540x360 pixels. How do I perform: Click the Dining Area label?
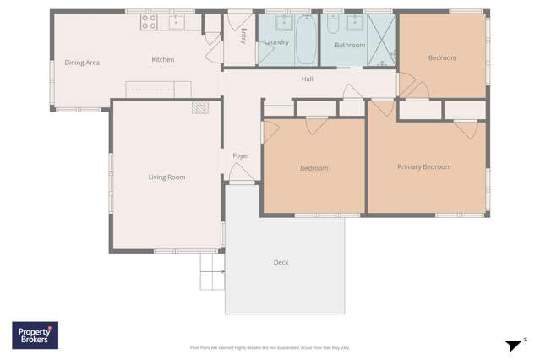[82, 63]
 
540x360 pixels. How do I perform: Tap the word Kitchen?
[162, 60]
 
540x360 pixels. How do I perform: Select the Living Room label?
[166, 177]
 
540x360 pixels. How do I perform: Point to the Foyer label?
[241, 156]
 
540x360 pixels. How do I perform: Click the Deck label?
[281, 263]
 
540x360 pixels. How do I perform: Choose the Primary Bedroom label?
[423, 167]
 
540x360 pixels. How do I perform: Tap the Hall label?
[308, 79]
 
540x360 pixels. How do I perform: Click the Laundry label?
[276, 42]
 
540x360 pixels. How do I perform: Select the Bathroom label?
[349, 46]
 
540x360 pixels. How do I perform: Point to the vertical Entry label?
[243, 35]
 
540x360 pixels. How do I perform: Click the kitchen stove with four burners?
[149, 21]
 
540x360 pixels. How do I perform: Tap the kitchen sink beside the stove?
[176, 21]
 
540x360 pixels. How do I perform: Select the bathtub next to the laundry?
[306, 40]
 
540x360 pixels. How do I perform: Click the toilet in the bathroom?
[331, 23]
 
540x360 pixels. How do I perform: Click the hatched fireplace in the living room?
[200, 106]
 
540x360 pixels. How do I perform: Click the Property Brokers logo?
[35, 335]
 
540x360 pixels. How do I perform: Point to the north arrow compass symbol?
[514, 344]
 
